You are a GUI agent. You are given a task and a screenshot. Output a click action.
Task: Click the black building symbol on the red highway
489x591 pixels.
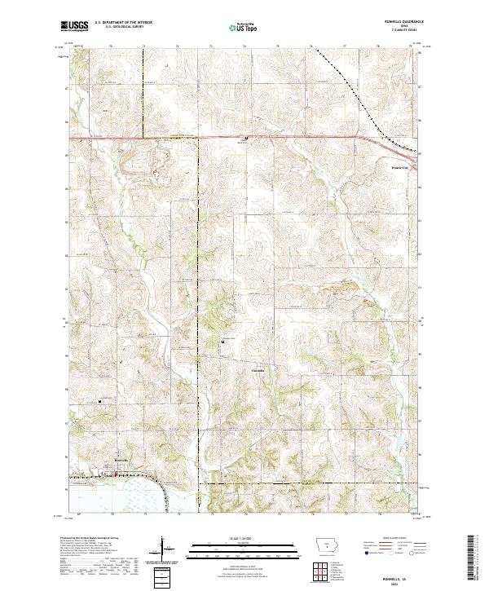247,138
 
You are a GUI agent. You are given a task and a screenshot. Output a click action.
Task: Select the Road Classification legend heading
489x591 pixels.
385,539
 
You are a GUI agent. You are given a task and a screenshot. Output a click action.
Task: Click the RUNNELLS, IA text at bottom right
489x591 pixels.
398,576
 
